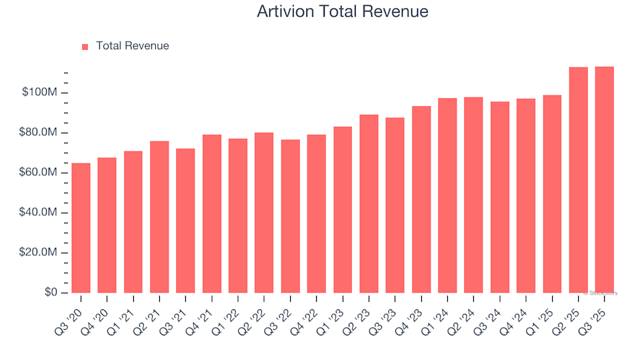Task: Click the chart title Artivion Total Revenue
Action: point(342,12)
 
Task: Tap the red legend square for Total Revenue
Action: point(85,47)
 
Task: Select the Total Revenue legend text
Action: point(132,46)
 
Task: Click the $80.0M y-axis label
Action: point(39,133)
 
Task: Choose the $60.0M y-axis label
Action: point(39,173)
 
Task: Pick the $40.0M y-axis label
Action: point(39,213)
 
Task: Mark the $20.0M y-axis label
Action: point(39,253)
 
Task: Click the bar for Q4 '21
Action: point(212,213)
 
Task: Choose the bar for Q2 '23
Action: point(369,203)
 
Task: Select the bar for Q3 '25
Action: point(605,180)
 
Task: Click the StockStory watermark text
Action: point(601,293)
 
